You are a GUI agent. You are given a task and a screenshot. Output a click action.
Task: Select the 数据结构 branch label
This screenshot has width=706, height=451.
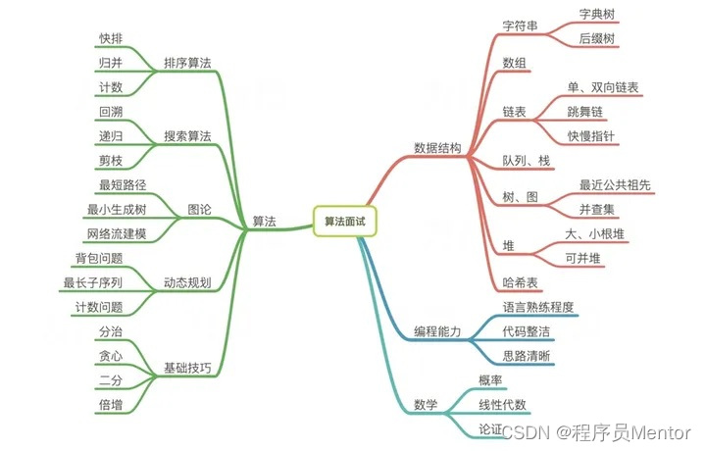437,148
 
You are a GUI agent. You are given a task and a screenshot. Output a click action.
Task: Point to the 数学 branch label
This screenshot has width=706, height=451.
426,403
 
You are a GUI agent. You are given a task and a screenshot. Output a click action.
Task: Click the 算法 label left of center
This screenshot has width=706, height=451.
264,222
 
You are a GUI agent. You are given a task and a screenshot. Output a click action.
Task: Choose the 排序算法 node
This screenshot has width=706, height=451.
187,63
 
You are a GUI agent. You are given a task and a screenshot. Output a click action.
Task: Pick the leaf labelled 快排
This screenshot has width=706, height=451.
111,38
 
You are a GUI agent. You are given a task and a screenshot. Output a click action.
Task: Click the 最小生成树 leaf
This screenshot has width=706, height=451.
117,209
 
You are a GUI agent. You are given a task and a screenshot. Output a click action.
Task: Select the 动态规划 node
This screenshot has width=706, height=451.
187,282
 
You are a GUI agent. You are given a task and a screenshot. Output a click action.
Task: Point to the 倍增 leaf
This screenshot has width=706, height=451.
111,403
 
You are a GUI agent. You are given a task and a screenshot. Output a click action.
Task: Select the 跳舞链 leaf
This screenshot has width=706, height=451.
586,112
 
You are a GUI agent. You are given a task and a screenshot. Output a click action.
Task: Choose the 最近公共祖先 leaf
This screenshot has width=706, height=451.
615,184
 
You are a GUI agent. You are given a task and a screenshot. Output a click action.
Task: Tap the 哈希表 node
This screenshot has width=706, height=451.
521,282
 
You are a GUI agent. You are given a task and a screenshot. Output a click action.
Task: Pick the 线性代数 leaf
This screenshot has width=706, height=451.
502,404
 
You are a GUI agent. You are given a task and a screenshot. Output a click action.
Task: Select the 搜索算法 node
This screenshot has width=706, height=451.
187,136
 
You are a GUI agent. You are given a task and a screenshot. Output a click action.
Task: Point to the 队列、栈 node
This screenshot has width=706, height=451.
525,160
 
